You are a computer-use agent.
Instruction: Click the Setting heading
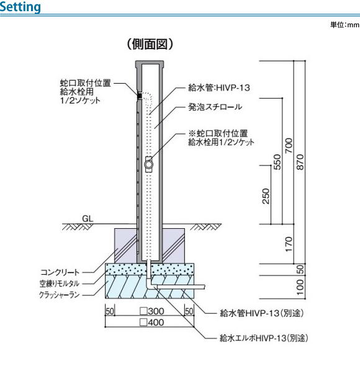(x=20, y=7)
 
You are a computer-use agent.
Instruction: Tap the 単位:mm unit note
(x=345, y=25)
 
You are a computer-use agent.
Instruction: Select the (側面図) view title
(x=150, y=44)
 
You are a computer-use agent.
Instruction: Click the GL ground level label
(x=88, y=218)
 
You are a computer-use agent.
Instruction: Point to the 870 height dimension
(x=300, y=162)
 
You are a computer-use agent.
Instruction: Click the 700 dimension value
(x=289, y=146)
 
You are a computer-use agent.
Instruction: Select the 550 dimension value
(x=277, y=162)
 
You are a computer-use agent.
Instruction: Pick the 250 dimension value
(x=266, y=196)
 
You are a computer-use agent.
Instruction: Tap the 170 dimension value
(x=289, y=244)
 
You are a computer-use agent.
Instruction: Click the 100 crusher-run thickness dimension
(x=300, y=287)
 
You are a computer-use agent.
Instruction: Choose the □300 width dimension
(x=152, y=311)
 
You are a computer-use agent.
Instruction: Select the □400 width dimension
(x=152, y=322)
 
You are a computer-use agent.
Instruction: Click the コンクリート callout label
(x=60, y=272)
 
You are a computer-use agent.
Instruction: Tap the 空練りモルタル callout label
(x=60, y=283)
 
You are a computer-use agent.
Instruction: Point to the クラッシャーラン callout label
(x=60, y=295)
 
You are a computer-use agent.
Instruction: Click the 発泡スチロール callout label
(x=215, y=107)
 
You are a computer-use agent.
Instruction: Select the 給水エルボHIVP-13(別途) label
(x=264, y=338)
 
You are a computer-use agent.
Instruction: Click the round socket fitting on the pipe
(x=148, y=164)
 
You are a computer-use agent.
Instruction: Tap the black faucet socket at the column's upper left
(x=140, y=95)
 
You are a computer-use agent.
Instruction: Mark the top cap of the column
(x=150, y=64)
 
